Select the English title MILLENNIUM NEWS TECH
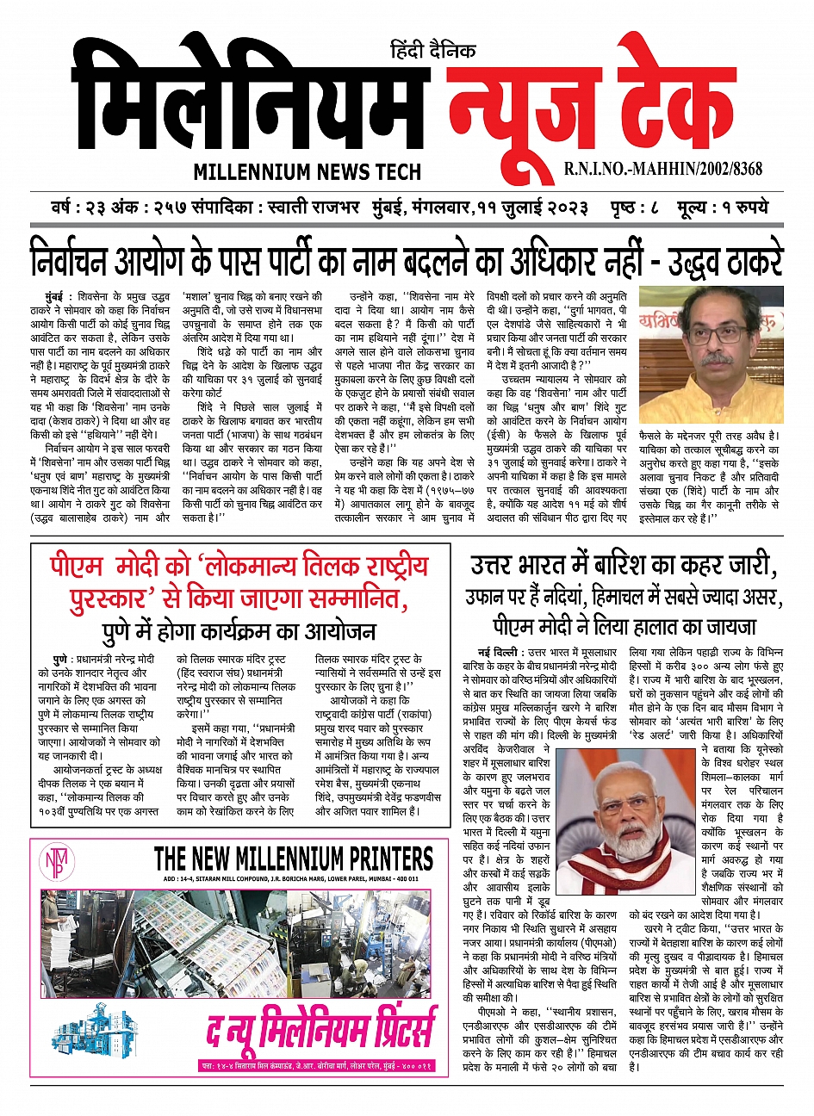[307, 172]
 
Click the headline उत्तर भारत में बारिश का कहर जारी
[624, 566]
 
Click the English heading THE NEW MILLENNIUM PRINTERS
[293, 859]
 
